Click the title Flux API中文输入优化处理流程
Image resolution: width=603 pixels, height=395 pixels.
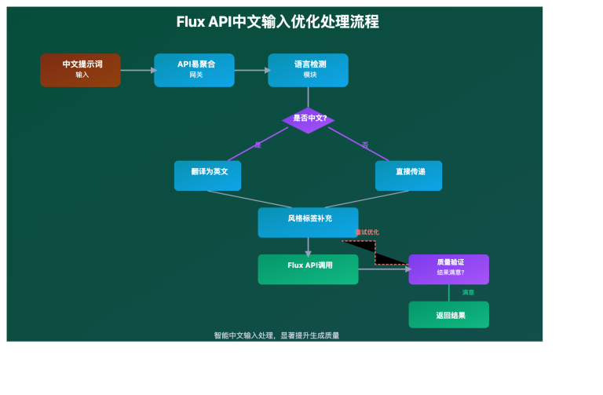(x=277, y=22)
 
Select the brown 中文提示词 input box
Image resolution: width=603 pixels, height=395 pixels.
(x=81, y=70)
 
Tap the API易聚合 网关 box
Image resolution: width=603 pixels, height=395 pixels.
(x=195, y=70)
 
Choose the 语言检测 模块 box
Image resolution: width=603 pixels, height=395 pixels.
(x=308, y=70)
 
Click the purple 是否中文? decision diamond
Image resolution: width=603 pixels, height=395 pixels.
(x=308, y=119)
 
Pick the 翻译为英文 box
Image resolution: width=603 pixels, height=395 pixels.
(x=208, y=175)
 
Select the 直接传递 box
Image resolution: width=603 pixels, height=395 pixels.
(x=408, y=175)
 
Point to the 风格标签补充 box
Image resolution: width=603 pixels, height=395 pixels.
(x=308, y=222)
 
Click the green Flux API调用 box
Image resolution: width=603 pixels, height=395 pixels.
(x=308, y=269)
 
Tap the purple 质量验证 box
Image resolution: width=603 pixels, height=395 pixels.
(x=448, y=269)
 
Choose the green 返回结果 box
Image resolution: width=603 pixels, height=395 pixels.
(x=448, y=314)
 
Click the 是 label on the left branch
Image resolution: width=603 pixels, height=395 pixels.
(x=258, y=144)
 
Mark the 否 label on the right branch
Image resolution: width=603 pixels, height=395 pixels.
(x=365, y=144)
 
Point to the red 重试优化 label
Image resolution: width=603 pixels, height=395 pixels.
(x=367, y=232)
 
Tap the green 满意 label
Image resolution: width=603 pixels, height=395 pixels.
(x=468, y=292)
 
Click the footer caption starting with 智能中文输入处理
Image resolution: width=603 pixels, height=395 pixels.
(x=276, y=335)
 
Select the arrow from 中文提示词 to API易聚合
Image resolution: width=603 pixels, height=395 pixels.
(x=137, y=70)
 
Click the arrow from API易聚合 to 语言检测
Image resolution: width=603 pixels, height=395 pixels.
(x=251, y=70)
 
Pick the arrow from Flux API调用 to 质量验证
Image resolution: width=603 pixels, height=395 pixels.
(x=383, y=269)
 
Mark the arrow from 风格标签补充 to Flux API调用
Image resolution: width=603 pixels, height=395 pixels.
(x=308, y=246)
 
